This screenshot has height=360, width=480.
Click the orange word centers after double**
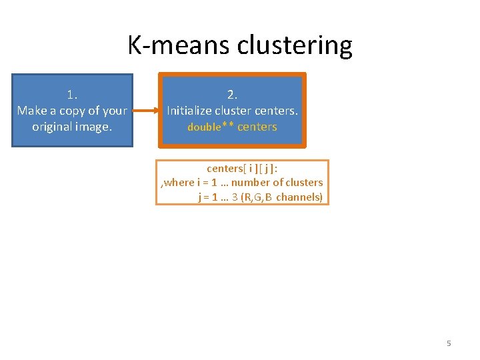pos(257,127)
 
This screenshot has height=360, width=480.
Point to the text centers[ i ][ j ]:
pos(242,169)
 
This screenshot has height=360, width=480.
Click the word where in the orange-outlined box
pos(179,183)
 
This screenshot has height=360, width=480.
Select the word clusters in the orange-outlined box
pos(301,183)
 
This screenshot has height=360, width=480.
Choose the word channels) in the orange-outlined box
pos(299,197)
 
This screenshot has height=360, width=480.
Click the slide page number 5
pos(449,343)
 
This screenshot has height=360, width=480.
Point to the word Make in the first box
pos(31,111)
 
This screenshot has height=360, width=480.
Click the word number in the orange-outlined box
pos(249,183)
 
